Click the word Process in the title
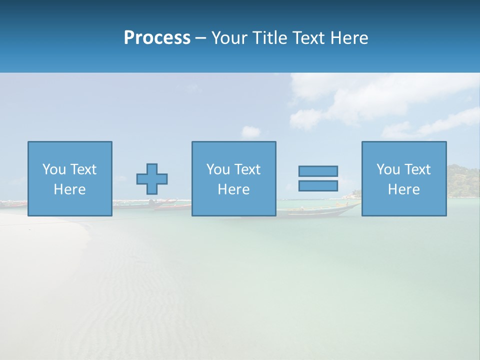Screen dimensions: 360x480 tap(157, 37)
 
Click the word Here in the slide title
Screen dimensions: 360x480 tap(349, 38)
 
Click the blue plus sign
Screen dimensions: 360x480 tap(152, 179)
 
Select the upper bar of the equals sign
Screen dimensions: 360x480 tap(318, 171)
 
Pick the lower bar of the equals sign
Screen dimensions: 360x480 tap(318, 185)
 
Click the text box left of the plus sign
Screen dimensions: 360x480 tap(70, 179)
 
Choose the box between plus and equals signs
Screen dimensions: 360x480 tap(233, 179)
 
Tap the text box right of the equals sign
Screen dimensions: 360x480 tap(404, 179)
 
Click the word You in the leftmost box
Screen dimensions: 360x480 tap(54, 169)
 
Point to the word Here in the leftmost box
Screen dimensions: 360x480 tap(70, 189)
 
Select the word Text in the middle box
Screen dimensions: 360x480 tap(247, 169)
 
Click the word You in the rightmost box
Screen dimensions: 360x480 tap(388, 169)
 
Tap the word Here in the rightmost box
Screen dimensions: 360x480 tap(404, 189)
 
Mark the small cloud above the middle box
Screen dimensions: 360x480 tap(251, 132)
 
